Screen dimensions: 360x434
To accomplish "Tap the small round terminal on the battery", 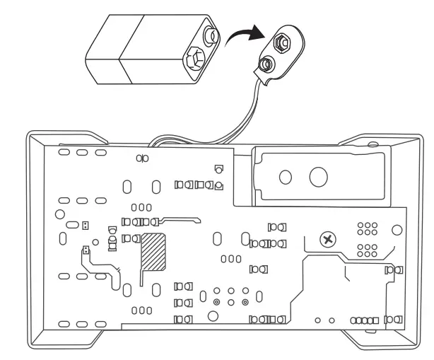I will click(x=211, y=33).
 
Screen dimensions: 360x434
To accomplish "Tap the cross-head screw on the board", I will click(x=327, y=239).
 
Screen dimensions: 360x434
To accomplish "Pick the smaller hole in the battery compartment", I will click(x=287, y=177).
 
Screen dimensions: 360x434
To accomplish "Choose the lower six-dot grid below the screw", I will click(x=367, y=250).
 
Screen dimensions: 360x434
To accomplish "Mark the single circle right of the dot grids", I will click(x=397, y=229).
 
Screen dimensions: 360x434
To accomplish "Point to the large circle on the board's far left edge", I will click(x=60, y=213).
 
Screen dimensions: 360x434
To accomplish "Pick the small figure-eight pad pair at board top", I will click(x=141, y=158).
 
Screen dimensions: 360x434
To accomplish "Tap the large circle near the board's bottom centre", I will click(x=211, y=315).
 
